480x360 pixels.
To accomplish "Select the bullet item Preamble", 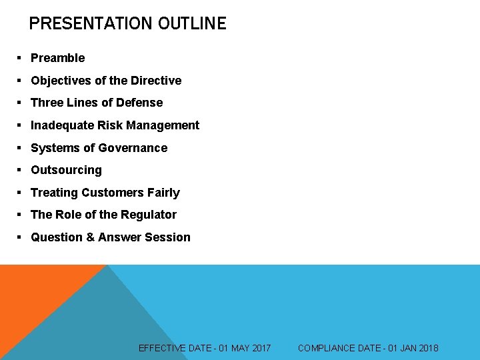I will coord(57,58).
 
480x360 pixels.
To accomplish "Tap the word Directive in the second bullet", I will coord(156,81).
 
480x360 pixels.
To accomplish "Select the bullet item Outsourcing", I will coord(66,170).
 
